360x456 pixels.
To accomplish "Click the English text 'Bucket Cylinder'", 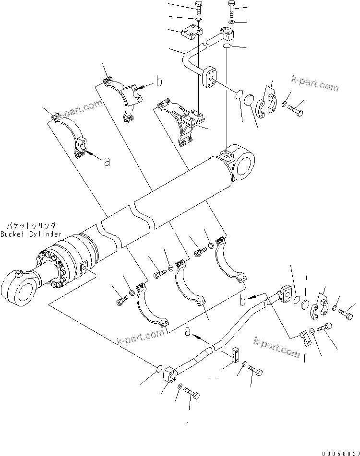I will (x=31, y=234).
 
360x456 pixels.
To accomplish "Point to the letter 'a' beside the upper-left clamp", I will (x=107, y=162).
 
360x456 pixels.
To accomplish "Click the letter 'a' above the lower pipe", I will (x=188, y=331).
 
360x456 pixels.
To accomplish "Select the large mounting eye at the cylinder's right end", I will (x=244, y=164).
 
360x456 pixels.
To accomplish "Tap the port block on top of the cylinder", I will (x=226, y=154).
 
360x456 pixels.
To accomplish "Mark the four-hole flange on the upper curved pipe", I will (x=209, y=78).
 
